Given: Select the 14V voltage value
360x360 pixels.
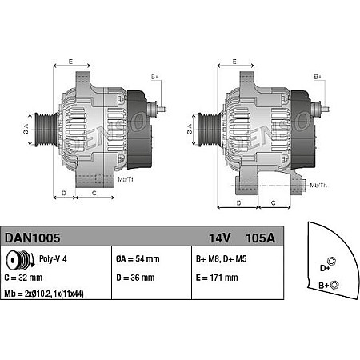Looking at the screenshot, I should pyautogui.click(x=219, y=237).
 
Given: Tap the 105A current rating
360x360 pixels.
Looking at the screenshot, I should pyautogui.click(x=262, y=237).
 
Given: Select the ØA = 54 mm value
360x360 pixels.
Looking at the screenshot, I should pyautogui.click(x=138, y=258).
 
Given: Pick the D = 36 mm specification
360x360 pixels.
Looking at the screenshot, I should pyautogui.click(x=135, y=278).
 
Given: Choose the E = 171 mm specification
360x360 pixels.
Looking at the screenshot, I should pyautogui.click(x=216, y=278).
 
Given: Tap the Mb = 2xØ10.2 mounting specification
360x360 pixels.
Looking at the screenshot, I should pyautogui.click(x=56, y=294).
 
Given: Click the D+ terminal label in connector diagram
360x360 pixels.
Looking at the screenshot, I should pyautogui.click(x=325, y=267).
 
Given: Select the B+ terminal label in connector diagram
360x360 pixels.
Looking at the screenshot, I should pyautogui.click(x=325, y=285).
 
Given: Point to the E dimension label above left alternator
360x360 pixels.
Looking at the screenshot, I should pyautogui.click(x=70, y=62).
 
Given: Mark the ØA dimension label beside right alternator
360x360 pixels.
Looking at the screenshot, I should pyautogui.click(x=189, y=126).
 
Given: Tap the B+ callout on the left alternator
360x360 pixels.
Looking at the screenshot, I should pyautogui.click(x=154, y=77).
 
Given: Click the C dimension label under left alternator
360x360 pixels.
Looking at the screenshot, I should pyautogui.click(x=94, y=194).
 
